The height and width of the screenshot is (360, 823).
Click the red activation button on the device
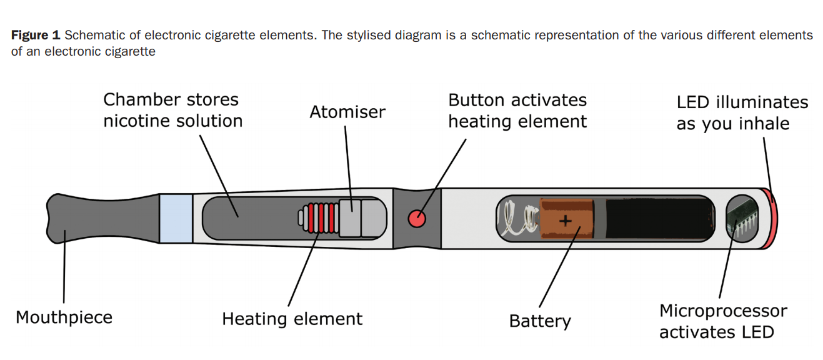pos(417,219)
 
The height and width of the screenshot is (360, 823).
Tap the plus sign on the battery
pos(566,220)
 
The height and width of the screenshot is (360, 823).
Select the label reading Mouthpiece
pos(64,317)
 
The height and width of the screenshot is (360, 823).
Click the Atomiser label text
pos(347,112)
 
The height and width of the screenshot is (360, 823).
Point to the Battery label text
pos(540,321)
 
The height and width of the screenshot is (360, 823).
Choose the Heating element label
pos(292,319)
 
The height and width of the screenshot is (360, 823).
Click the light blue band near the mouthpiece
pos(176,218)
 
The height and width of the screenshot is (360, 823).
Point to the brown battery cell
pos(566,219)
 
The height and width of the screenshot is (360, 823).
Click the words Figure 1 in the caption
pos(35,36)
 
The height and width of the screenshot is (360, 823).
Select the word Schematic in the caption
pos(92,36)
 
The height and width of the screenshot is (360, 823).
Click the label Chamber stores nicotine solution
pos(172,110)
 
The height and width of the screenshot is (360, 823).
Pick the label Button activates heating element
pos(517,111)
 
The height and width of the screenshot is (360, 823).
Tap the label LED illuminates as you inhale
pos(742,112)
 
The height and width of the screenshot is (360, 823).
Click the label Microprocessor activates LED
pos(723,321)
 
